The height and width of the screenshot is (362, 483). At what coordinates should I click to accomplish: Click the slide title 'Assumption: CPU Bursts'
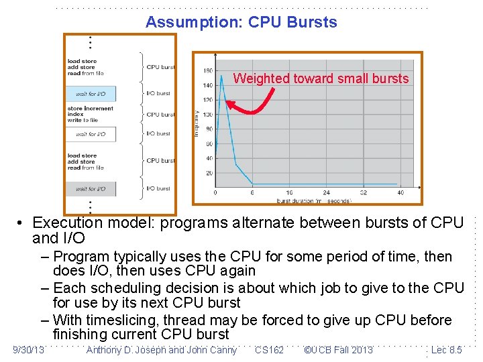pyautogui.click(x=241, y=22)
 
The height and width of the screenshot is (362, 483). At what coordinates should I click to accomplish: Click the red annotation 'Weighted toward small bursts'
pyautogui.click(x=321, y=78)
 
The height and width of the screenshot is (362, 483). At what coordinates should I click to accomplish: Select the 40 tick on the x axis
pyautogui.click(x=400, y=192)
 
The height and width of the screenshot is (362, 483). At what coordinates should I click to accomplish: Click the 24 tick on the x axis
pyautogui.click(x=326, y=192)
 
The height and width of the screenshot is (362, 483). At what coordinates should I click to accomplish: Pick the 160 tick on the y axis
pyautogui.click(x=208, y=70)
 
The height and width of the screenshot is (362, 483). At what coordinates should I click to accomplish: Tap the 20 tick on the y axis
pyautogui.click(x=209, y=173)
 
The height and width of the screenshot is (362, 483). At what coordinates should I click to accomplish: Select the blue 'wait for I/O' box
pyautogui.click(x=91, y=94)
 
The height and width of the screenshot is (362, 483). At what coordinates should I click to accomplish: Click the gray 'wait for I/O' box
pyautogui.click(x=91, y=188)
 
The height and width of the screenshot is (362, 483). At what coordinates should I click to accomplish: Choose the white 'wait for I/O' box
pyautogui.click(x=91, y=134)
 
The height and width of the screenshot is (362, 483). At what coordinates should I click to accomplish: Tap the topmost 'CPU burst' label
pyautogui.click(x=160, y=67)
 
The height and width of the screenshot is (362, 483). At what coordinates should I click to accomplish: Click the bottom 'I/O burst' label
pyautogui.click(x=158, y=188)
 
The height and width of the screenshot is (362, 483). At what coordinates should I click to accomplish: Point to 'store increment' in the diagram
pyautogui.click(x=90, y=109)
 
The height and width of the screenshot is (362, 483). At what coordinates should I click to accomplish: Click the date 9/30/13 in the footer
pyautogui.click(x=28, y=350)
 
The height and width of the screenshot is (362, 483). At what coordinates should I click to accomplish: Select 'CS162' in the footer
pyautogui.click(x=269, y=350)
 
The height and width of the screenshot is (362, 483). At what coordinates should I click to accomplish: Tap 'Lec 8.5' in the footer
pyautogui.click(x=446, y=350)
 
